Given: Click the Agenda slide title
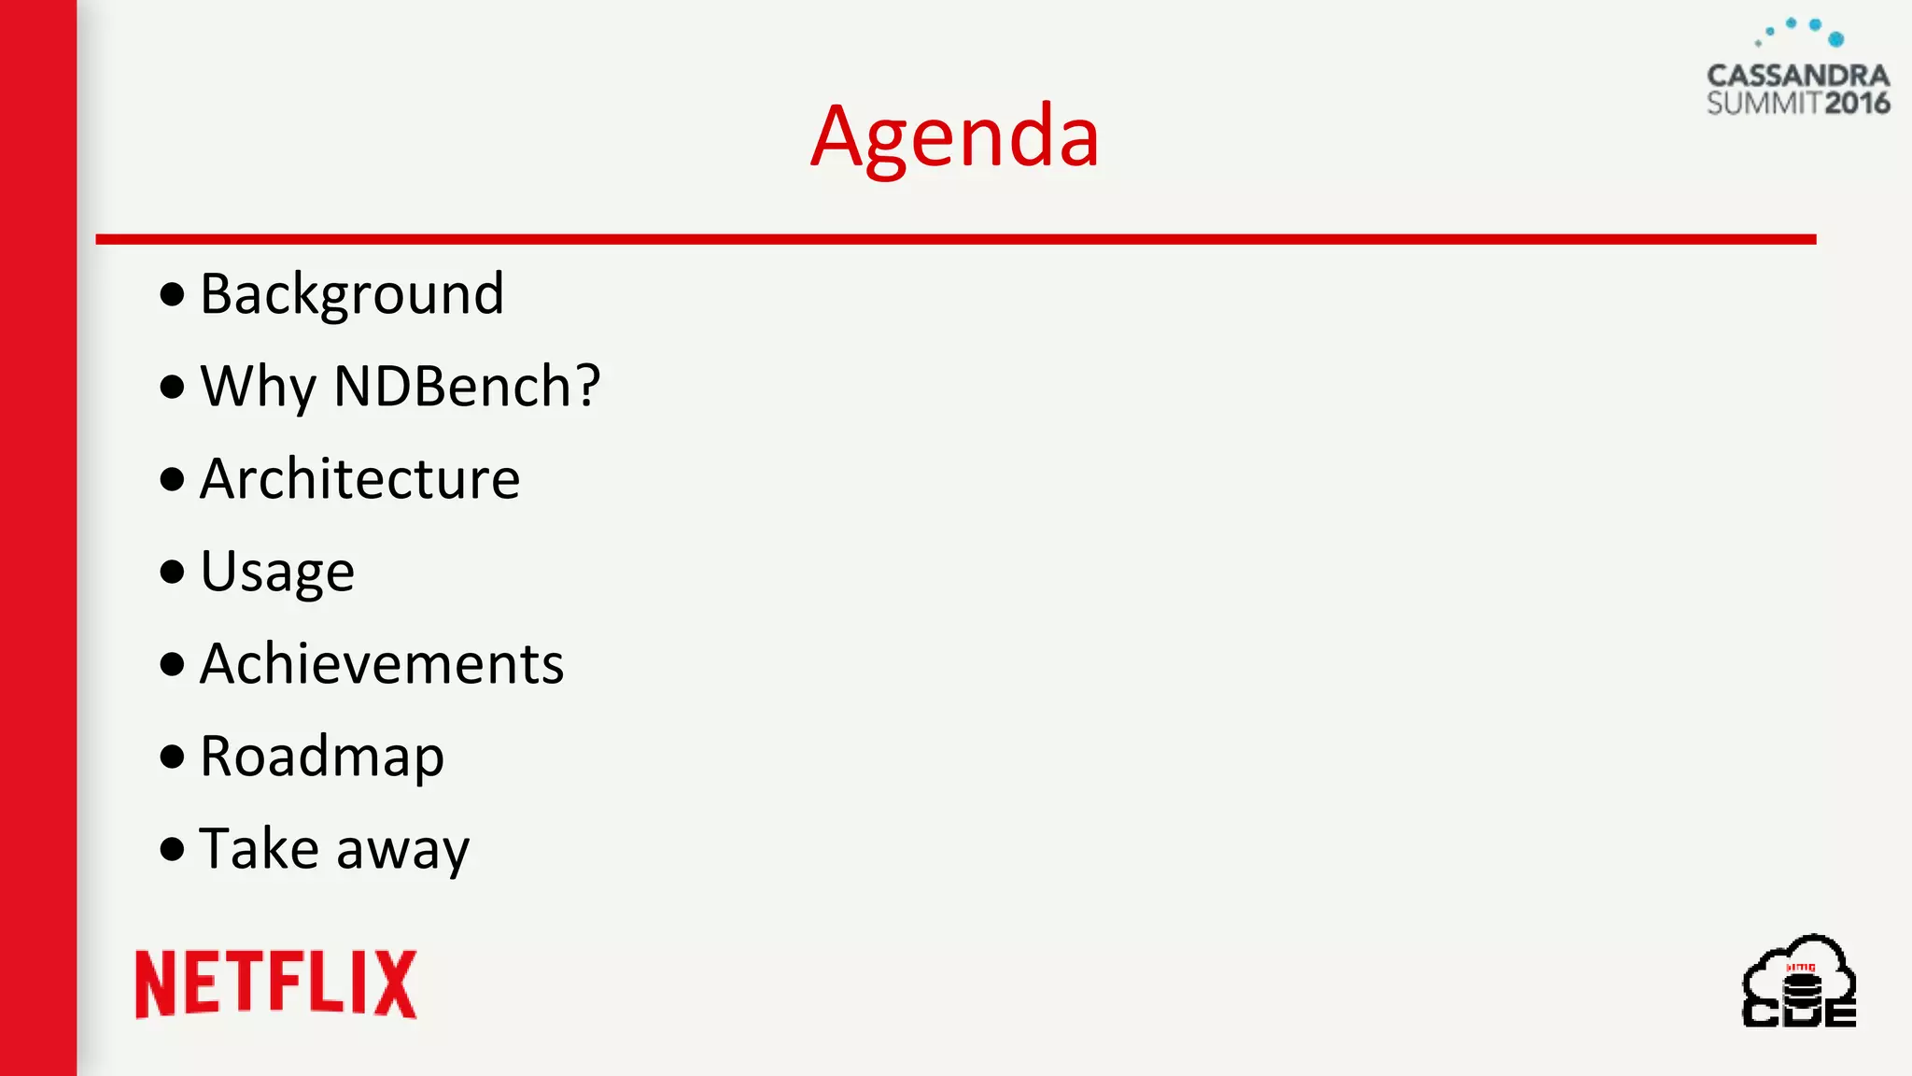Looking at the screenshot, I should coord(954,137).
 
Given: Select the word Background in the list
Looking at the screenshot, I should coord(352,294).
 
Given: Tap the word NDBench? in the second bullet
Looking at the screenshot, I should coord(467,386).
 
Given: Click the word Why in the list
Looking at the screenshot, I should coord(259,386).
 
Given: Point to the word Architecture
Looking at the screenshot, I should coord(359,479).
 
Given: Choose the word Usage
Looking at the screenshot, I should coord(277,572).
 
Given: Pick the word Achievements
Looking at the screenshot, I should coord(382,664).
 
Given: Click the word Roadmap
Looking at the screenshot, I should coord(322,757).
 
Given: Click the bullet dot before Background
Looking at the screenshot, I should coord(172,295).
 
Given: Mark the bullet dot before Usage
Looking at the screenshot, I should coord(172,572).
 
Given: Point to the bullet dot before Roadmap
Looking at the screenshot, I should coord(172,757).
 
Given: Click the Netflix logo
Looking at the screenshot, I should coord(275,984).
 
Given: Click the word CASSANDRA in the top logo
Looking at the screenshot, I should coord(1798,76).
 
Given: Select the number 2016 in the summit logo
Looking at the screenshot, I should coord(1857,103).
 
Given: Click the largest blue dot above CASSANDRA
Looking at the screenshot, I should coord(1836,39).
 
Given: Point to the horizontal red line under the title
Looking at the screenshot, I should coord(955,240).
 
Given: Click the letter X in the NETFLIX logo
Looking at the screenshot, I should coord(396,984).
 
